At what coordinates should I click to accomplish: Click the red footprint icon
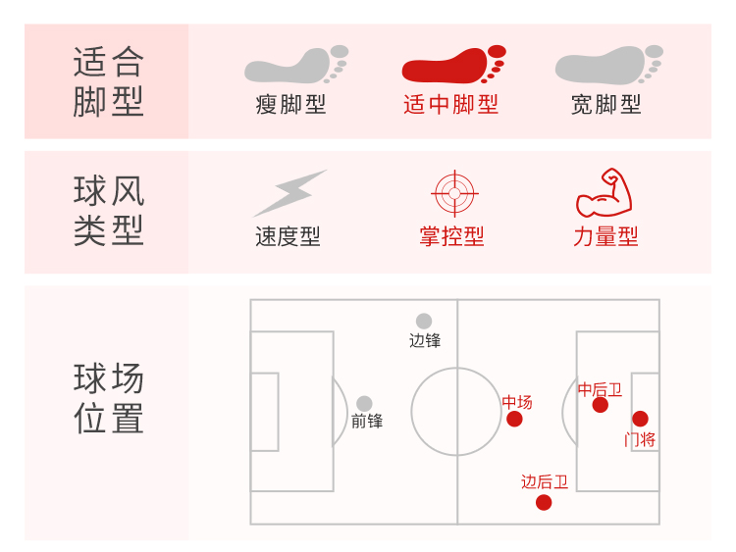(x=453, y=66)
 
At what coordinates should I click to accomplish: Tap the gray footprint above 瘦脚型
(x=294, y=65)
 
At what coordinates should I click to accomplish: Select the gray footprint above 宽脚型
(x=608, y=65)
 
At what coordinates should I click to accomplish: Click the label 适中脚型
(x=450, y=105)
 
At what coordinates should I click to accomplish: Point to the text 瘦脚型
(x=290, y=105)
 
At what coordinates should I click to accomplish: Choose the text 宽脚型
(x=606, y=105)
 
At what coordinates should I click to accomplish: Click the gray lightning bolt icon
(x=289, y=193)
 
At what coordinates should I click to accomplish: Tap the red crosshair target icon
(x=452, y=193)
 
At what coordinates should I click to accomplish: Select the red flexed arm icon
(x=604, y=193)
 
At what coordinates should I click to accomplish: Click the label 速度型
(x=288, y=237)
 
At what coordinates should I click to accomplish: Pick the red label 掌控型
(x=451, y=237)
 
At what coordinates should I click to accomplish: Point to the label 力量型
(x=605, y=237)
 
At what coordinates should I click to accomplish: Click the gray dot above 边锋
(x=424, y=321)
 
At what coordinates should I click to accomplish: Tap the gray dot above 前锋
(x=364, y=403)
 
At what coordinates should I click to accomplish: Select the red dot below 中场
(x=514, y=420)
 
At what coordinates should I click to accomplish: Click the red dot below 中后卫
(x=601, y=405)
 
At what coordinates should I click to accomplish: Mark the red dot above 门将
(x=640, y=419)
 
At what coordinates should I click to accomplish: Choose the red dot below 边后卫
(x=544, y=503)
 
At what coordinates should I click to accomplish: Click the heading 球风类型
(x=108, y=211)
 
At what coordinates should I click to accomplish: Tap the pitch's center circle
(x=456, y=412)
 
